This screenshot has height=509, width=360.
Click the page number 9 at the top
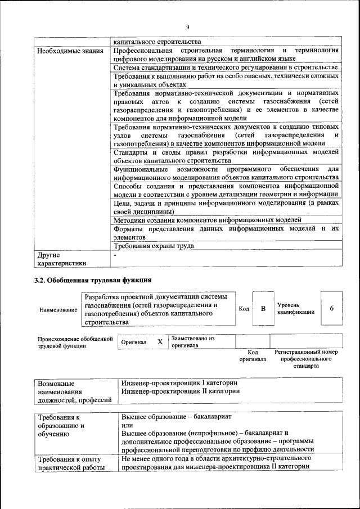[187, 27]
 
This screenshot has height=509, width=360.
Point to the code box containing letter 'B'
[262, 309]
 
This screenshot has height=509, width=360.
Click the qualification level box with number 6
[332, 309]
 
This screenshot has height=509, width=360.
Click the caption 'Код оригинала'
[253, 355]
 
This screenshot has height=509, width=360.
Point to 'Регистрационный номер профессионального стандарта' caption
[306, 359]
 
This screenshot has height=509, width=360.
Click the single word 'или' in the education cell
[127, 425]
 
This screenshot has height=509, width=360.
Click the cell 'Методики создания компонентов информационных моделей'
[208, 220]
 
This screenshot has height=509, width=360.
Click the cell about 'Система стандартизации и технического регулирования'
[225, 67]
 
